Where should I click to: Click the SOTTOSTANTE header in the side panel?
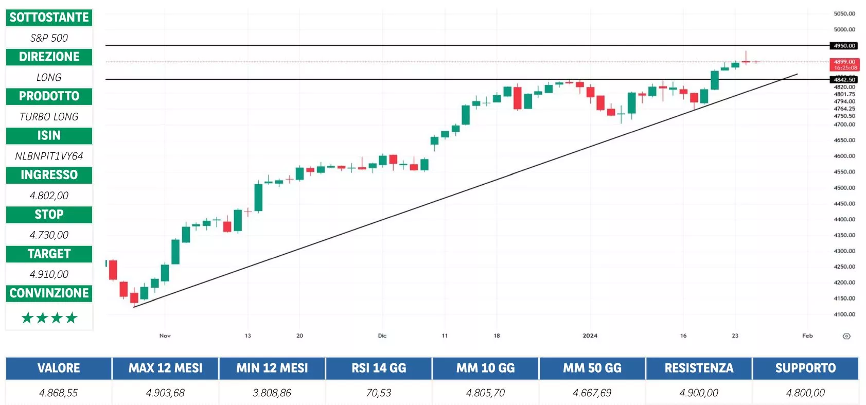[49, 17]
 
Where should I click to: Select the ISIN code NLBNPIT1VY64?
[49, 156]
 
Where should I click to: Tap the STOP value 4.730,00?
[49, 235]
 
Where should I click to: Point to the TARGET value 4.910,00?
[49, 274]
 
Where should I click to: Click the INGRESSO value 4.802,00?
[49, 196]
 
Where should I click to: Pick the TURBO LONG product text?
[49, 117]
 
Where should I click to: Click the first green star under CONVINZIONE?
[27, 318]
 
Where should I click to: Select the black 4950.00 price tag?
[844, 46]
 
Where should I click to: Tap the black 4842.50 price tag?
[844, 80]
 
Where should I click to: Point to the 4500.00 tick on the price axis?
[844, 188]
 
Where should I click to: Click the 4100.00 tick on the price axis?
[844, 314]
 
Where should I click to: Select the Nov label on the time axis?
[165, 336]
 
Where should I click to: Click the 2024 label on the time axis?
[590, 336]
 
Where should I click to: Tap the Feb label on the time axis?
[807, 336]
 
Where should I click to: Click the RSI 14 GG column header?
[379, 368]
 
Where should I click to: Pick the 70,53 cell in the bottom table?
[379, 393]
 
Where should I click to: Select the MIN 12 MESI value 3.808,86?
[272, 393]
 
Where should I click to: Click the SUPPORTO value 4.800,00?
[805, 393]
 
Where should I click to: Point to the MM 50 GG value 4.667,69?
[592, 393]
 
